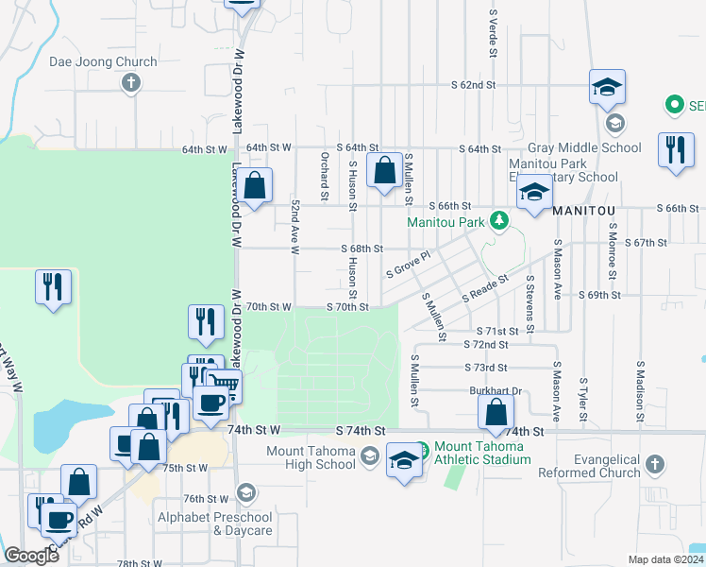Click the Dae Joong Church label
(103, 62)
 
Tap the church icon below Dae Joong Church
(131, 83)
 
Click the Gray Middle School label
(584, 147)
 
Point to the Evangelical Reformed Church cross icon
(655, 465)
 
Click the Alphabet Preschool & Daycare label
(214, 524)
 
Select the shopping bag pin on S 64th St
(384, 172)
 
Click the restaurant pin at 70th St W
(205, 322)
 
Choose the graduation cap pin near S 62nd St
(607, 88)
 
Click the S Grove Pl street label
(408, 265)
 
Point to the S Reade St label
(485, 288)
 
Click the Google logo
(31, 556)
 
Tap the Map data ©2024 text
(664, 559)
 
